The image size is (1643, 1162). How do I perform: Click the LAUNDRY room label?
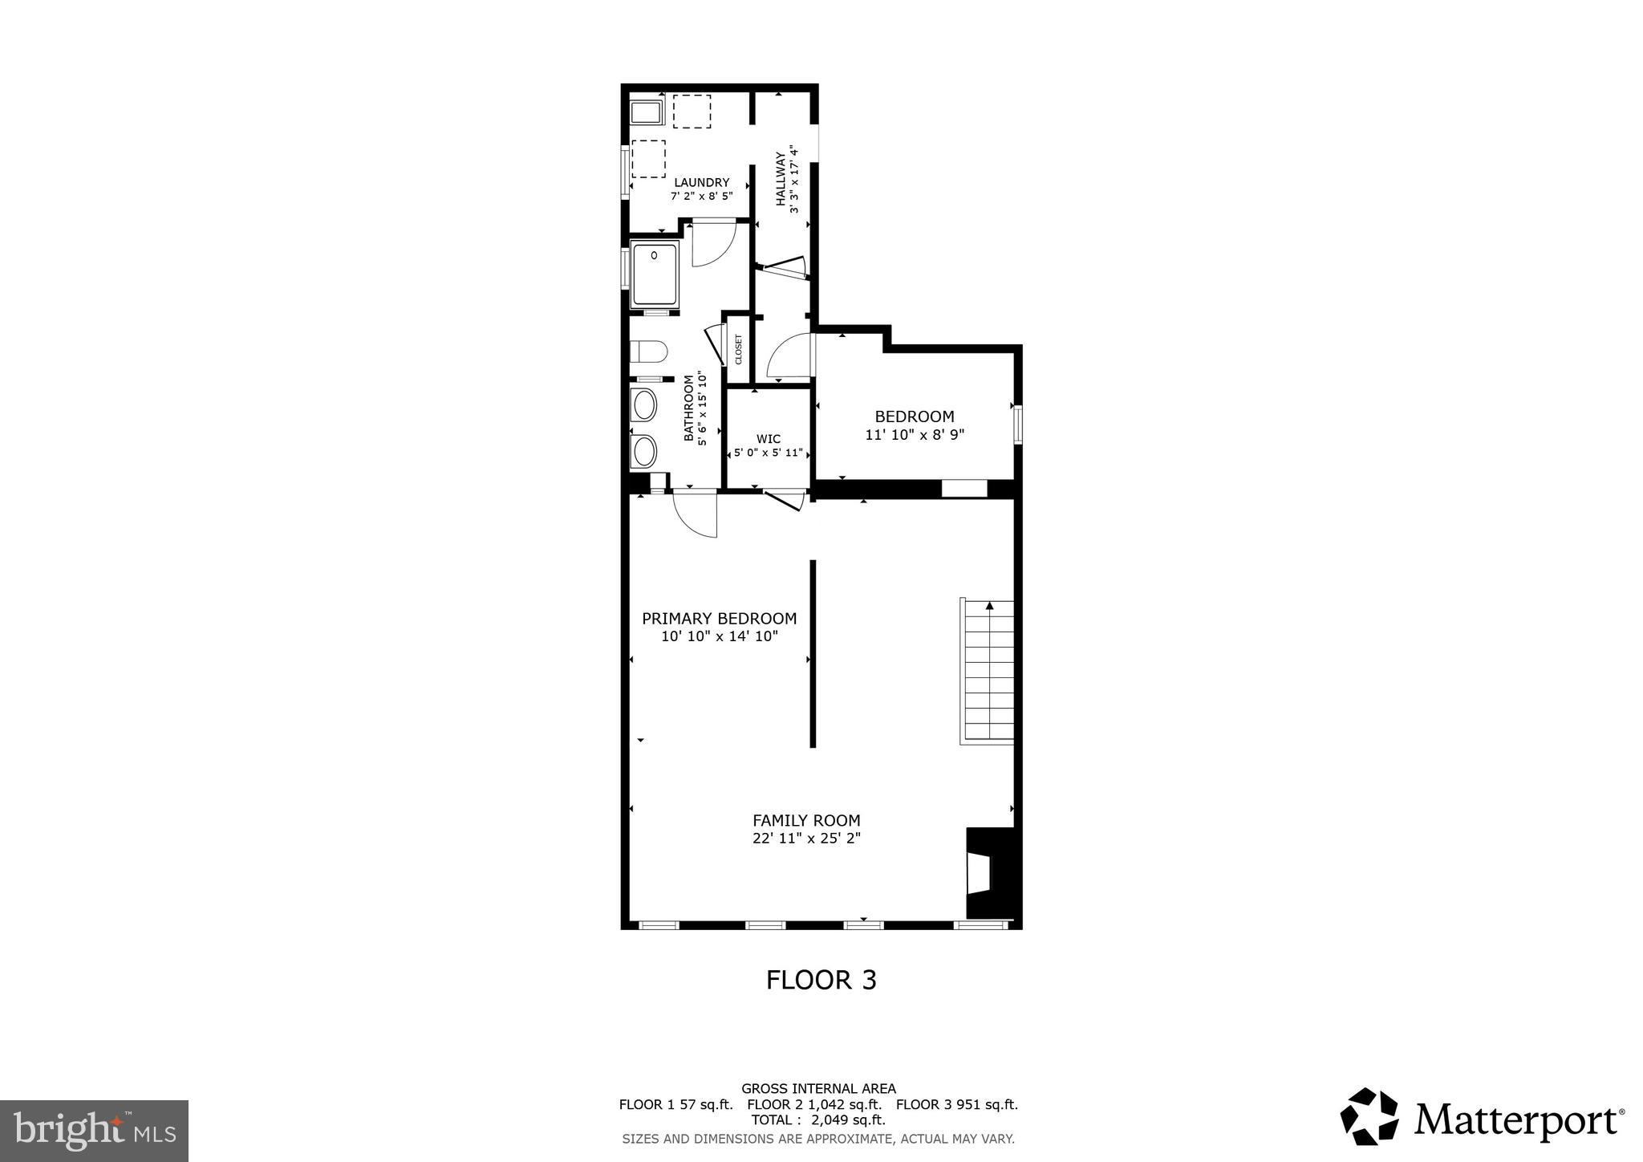(701, 183)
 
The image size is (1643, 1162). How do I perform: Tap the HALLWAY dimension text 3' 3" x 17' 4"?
(794, 179)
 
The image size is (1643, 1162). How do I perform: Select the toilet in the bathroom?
(649, 351)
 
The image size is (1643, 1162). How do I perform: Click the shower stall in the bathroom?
(655, 274)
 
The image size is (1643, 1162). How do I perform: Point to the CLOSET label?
(738, 349)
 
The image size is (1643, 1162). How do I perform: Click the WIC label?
(768, 439)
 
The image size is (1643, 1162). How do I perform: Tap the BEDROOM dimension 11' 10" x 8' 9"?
(914, 435)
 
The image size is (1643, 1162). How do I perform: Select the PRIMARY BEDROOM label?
(719, 619)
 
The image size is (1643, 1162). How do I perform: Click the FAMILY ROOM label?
(805, 821)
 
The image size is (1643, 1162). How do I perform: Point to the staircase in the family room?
(988, 672)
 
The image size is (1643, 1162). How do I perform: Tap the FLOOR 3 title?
(821, 980)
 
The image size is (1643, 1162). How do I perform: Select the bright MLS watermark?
(94, 1131)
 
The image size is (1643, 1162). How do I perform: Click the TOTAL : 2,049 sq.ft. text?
(817, 1119)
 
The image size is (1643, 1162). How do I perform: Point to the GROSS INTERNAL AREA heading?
(817, 1089)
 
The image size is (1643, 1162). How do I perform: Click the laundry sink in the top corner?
(646, 112)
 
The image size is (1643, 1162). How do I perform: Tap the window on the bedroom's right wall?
(1017, 425)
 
